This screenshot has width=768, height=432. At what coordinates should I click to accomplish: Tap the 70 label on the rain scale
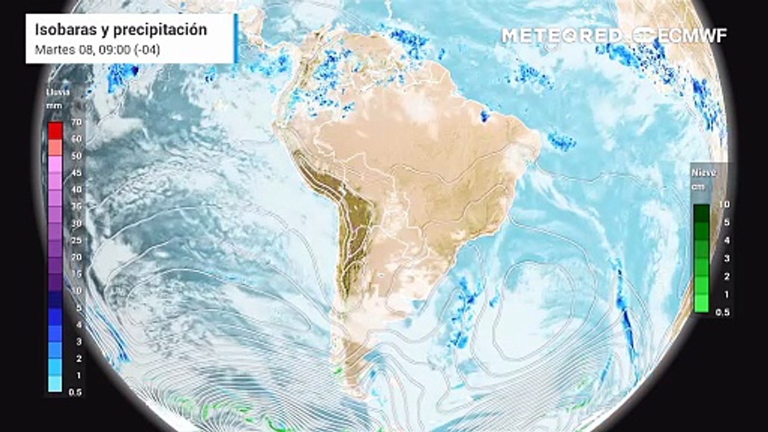tap(76, 122)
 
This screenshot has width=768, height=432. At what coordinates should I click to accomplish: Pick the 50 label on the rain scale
tap(76, 156)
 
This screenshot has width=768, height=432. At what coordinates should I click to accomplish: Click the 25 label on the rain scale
tap(76, 240)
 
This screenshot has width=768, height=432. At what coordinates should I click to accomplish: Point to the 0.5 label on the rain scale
tap(76, 392)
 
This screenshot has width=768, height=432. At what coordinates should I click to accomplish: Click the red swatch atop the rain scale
tap(55, 130)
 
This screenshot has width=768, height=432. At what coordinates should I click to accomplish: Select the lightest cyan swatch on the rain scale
tap(55, 384)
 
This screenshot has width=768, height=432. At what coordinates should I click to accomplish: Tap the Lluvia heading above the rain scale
tap(58, 92)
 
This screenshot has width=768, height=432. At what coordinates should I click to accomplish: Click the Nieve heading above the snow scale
tap(703, 172)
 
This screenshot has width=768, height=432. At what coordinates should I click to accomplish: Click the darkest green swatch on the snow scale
tap(701, 212)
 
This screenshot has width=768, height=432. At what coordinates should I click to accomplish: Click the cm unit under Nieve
tap(698, 187)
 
